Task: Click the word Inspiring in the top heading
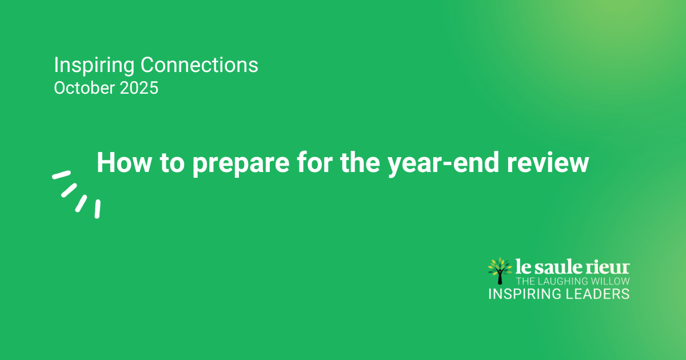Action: point(94,66)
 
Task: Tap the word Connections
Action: point(200,65)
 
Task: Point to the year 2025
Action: point(139,88)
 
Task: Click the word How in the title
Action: point(124,162)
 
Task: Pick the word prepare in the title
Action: point(241,165)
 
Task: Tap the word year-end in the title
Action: point(443,164)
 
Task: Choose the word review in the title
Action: point(548,162)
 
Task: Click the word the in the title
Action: point(360,162)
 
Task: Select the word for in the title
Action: point(314,162)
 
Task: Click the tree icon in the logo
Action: point(500,271)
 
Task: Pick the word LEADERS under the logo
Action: point(597,294)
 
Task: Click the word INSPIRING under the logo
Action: point(525,294)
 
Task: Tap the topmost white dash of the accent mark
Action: point(62,175)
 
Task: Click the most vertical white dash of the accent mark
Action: point(97,209)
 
